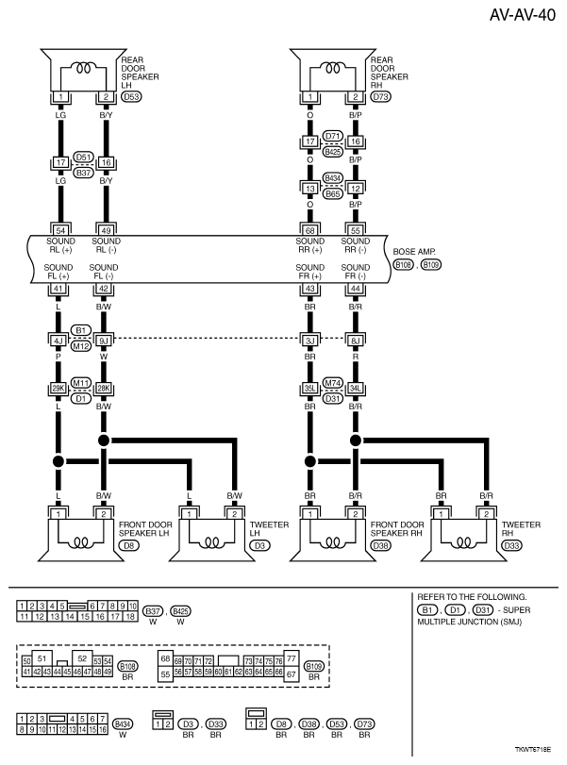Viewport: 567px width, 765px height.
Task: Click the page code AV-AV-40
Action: [523, 17]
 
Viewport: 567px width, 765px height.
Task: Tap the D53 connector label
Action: [132, 97]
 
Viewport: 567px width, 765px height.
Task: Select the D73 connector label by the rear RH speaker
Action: [380, 97]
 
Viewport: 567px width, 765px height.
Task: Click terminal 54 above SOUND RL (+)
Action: [60, 229]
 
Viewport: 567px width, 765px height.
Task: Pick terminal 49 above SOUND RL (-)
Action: [105, 229]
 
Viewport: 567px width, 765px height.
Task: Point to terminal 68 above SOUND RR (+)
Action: [309, 229]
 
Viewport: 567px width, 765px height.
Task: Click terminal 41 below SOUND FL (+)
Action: [60, 288]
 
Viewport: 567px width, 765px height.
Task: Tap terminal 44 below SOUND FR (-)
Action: [355, 288]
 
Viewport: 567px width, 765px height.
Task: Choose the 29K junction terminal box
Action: [60, 388]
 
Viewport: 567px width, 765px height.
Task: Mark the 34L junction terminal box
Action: [355, 388]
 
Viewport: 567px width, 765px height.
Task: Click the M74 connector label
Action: [332, 382]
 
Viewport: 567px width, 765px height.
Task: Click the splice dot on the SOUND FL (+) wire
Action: [60, 461]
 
